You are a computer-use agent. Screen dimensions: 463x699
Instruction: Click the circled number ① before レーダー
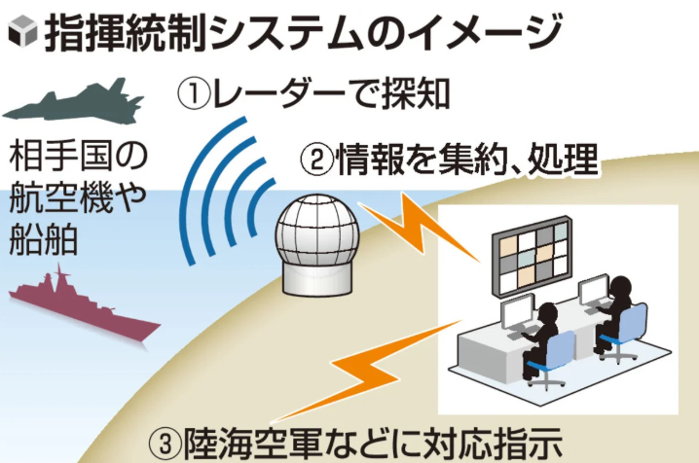point(194,93)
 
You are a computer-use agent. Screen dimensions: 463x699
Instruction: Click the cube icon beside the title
point(19,35)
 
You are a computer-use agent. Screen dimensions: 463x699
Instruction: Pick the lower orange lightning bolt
point(389,360)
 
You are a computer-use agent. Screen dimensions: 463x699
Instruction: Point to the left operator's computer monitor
point(511,314)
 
